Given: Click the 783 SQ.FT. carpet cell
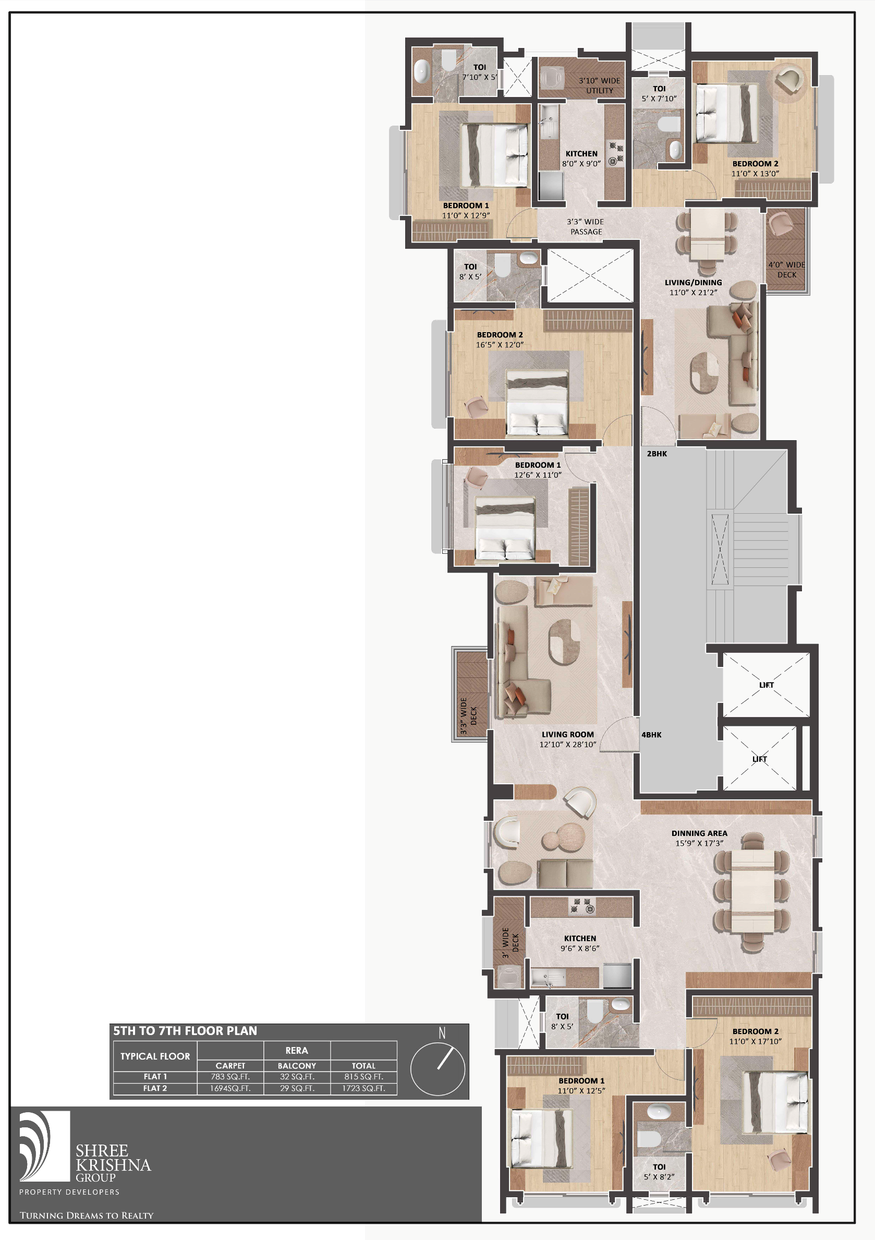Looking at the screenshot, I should pos(230,1076).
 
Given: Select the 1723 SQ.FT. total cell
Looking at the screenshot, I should pos(363,1088).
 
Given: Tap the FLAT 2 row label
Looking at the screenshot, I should pos(155,1088).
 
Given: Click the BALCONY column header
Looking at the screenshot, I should pos(297,1065).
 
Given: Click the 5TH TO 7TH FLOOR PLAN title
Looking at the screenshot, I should pos(185,1031).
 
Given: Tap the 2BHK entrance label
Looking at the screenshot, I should pos(657,454).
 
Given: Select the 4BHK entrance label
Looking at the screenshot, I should pos(651,735).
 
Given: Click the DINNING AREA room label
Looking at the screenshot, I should pos(699,838).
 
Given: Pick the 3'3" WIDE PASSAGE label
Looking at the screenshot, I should pos(586,227).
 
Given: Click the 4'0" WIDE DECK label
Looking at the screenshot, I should pos(786,270).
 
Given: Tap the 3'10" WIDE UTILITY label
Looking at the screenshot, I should pos(600,86).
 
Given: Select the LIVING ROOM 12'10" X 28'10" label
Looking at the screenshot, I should pos(568,739).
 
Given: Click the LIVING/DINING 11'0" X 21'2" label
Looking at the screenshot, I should pos(693,287).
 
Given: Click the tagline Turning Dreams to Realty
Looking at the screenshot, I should pos(87,1215).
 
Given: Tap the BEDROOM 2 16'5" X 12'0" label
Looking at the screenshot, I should pos(500,339).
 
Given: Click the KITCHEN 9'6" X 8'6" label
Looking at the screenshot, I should pos(580,943).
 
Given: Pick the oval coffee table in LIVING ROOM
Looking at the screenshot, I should pos(564,640).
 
